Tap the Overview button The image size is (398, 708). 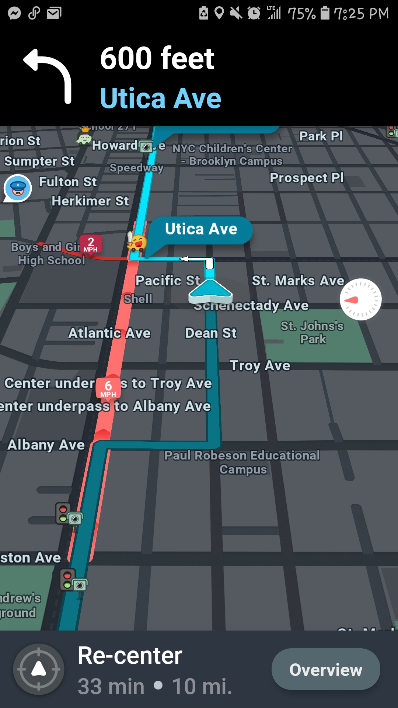pos(326,669)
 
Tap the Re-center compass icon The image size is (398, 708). pos(39,669)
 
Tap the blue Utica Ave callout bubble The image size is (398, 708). pos(201,229)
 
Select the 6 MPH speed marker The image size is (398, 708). pos(108,388)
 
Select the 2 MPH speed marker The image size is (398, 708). pos(91,244)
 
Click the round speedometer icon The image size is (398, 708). pos(360,299)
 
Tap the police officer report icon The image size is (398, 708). pos(18,188)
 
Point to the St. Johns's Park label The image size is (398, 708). pos(313,332)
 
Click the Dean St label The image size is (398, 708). pos(211,333)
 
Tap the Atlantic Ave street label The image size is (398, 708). pos(109,333)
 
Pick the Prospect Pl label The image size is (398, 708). pos(307,178)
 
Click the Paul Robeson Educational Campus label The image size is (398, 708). pos(242,462)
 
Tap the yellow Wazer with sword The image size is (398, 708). pos(137,242)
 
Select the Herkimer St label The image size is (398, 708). pos(90,201)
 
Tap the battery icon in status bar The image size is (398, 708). pos(325,13)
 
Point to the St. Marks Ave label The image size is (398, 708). pos(298,281)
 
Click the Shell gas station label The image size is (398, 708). pos(138,299)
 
